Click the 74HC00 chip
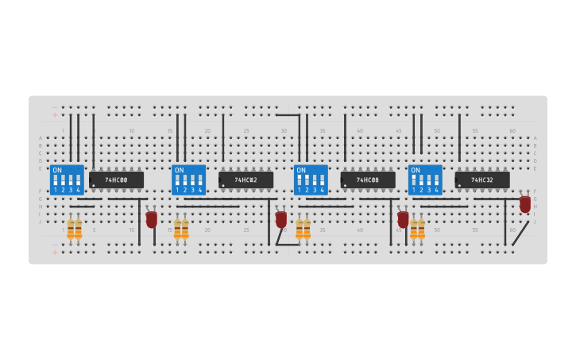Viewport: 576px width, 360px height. point(117,180)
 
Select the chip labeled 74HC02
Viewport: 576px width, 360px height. point(246,180)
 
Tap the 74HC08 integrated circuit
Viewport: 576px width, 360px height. point(368,180)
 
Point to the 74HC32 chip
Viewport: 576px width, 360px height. point(482,180)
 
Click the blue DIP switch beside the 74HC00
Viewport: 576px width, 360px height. point(67,180)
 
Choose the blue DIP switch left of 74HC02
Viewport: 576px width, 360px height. point(189,180)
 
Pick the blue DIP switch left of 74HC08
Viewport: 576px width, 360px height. point(311,180)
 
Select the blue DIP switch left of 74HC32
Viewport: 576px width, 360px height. point(425,180)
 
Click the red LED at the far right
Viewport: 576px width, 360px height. point(525,204)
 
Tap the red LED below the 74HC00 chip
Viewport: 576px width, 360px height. point(151,219)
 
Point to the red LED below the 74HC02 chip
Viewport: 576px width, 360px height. point(280,219)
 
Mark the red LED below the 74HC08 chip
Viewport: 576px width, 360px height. point(403,219)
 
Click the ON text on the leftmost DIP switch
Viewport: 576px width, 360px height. point(57,170)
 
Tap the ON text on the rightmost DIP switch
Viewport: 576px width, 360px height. point(416,170)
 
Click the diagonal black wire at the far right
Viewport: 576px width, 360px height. point(520,233)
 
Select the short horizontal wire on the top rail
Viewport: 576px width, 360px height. point(287,115)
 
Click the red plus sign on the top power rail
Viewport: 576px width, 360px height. point(55,115)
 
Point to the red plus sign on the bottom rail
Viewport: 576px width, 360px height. point(55,252)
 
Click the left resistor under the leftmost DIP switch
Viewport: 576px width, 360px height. point(71,229)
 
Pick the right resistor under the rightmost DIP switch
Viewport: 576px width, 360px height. point(421,229)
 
